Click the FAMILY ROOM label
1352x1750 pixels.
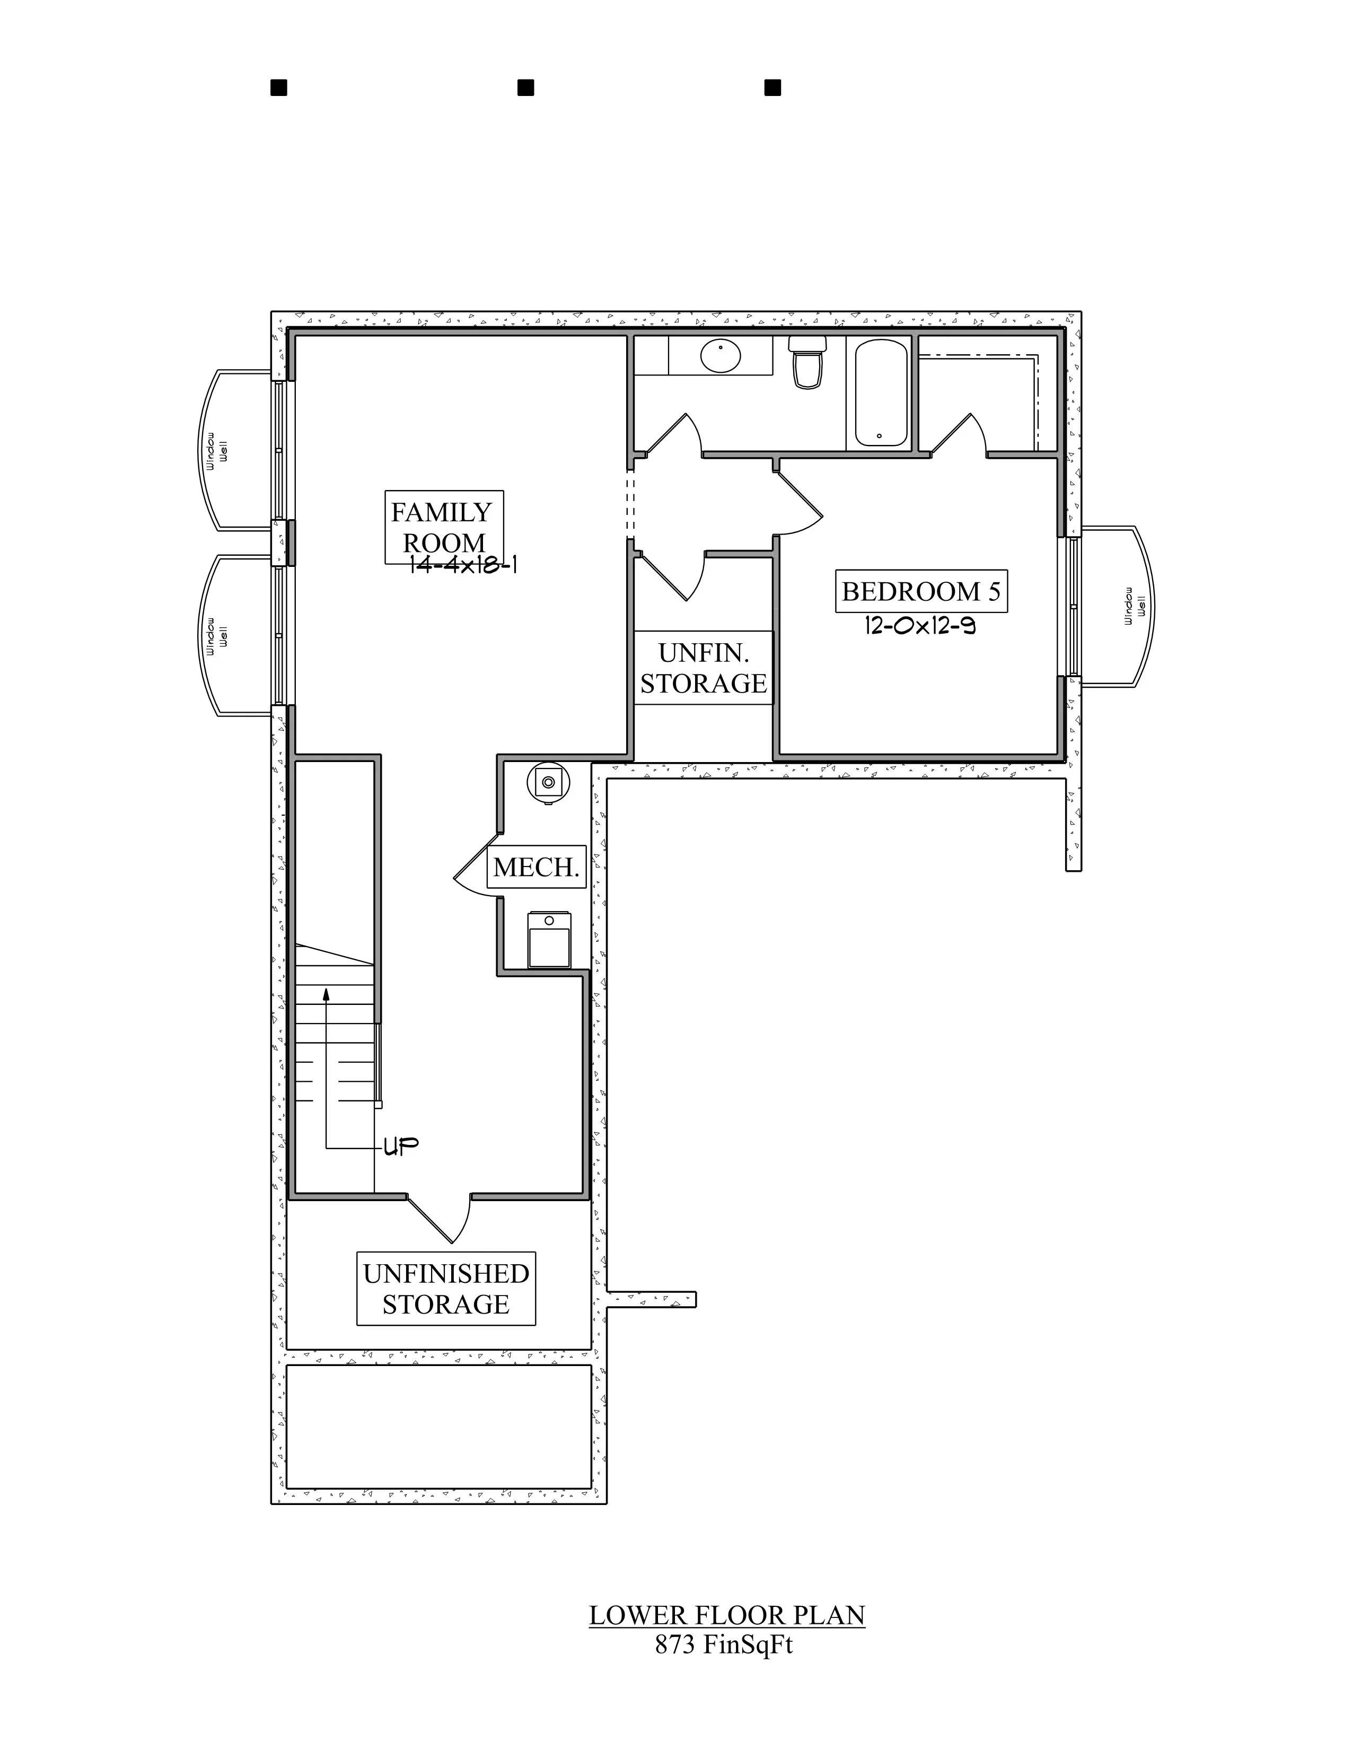tap(441, 527)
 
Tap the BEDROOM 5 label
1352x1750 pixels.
tap(921, 591)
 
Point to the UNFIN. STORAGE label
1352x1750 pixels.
tap(703, 668)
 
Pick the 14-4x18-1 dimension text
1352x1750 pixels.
tap(463, 565)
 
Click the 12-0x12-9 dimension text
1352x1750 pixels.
tap(919, 626)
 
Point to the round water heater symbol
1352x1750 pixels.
tap(549, 782)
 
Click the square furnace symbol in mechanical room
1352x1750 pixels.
tap(549, 939)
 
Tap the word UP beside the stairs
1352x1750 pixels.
tap(400, 1147)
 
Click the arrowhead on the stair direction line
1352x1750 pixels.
tap(327, 994)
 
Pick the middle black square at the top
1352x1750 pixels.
tap(525, 87)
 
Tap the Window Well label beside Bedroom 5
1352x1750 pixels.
tap(1135, 606)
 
